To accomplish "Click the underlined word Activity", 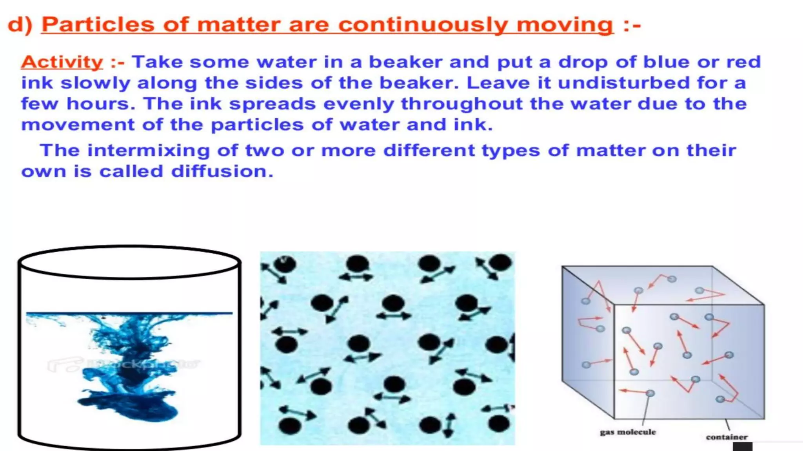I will pos(62,62).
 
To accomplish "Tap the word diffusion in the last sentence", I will pos(222,171).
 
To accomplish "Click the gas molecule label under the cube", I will pos(628,432).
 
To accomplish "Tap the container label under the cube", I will pos(727,437).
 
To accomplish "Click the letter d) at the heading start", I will pos(20,25).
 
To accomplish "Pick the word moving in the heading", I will pos(565,25).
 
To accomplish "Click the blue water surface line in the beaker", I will pos(129,313).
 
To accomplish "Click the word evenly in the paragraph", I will pos(358,104).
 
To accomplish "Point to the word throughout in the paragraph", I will pos(462,104).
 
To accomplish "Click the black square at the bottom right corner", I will pos(742,447).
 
